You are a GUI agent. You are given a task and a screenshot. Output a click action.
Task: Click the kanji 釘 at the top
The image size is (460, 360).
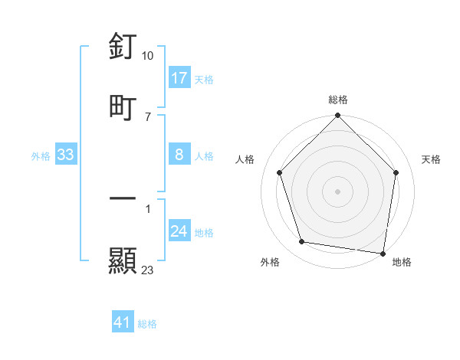coord(123,47)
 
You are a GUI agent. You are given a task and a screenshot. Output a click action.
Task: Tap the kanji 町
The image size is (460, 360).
coord(123,107)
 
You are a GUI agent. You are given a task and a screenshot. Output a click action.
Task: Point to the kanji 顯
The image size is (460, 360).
coord(123,261)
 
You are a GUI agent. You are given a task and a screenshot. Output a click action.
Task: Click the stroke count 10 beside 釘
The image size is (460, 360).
coord(148,56)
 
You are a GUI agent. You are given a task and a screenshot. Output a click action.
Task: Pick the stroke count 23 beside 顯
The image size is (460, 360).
coord(148,270)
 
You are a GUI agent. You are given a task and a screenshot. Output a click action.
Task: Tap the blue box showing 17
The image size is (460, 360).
coord(179,78)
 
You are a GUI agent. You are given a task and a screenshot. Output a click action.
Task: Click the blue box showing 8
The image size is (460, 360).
coord(179,155)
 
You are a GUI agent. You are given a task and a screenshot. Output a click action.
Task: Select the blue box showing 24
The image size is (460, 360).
coord(179,232)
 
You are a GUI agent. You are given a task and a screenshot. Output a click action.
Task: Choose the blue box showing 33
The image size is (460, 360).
coord(65,155)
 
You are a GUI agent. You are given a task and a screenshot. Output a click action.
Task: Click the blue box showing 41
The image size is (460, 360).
coord(123,323)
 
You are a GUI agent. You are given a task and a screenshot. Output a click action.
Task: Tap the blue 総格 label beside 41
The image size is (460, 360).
coord(147,324)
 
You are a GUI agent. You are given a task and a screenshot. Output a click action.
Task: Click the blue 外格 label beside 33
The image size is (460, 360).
coord(41,156)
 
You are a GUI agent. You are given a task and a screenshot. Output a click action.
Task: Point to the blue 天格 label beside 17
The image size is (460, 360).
coord(204,79)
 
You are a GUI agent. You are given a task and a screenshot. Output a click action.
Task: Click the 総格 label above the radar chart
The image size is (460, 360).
coord(338,100)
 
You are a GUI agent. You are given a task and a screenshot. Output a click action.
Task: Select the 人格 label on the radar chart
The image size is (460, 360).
coord(246,160)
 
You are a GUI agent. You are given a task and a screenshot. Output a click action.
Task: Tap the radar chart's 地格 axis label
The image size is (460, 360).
coord(402,262)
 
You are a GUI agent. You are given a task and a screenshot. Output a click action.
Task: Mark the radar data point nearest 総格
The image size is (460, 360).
coord(338,116)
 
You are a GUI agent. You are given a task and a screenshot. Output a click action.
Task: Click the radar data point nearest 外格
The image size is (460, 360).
coord(302,242)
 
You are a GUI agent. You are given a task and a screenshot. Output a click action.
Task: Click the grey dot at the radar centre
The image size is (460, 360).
coord(338,191)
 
